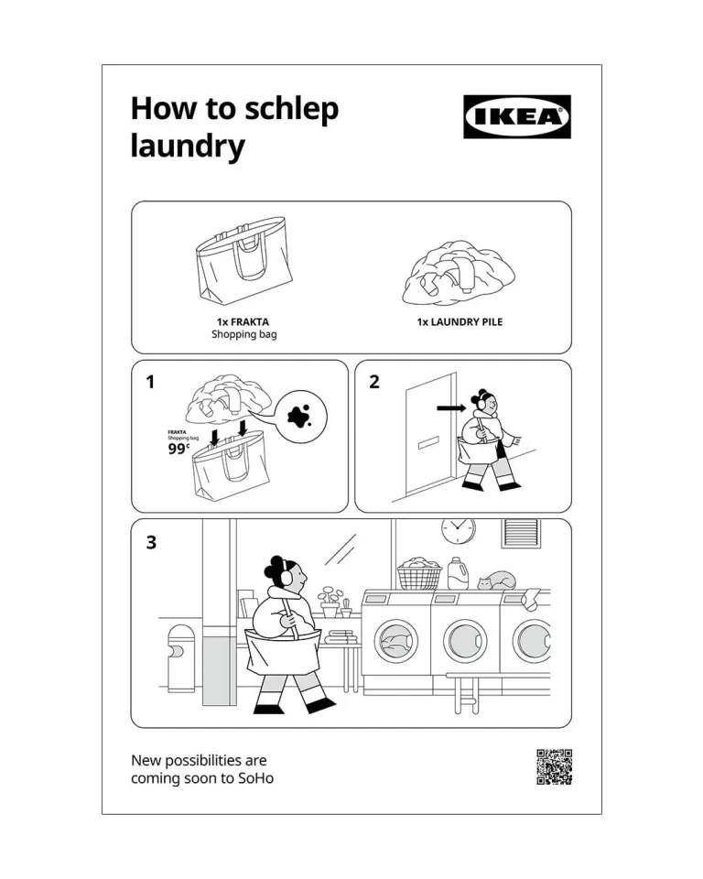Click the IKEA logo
pos(517,116)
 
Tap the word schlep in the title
pos(291,110)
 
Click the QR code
pos(555,767)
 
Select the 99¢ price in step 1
pos(178,449)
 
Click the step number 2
pos(374,382)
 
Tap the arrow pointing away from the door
pos(451,408)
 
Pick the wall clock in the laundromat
pos(458,530)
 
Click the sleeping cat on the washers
pos(497,581)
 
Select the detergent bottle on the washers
pos(458,573)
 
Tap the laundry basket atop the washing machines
pos(418,573)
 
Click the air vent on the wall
pos(521,533)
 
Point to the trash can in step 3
pos(181,658)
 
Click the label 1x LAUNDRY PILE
pos(460,321)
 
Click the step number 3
pos(151,542)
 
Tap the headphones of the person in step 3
pos(287,575)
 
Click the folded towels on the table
pos(341,637)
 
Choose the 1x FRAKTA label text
pos(243,321)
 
